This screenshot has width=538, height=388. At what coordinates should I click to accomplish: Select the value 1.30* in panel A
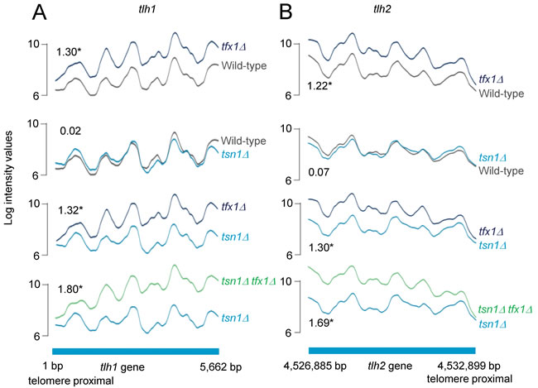(x=69, y=52)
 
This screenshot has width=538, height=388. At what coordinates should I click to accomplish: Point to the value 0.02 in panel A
(x=70, y=131)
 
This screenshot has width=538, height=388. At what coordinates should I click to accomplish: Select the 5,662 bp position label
(x=218, y=366)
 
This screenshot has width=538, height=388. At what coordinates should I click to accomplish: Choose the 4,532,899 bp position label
(x=468, y=365)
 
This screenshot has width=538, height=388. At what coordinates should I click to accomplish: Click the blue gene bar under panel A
(x=135, y=350)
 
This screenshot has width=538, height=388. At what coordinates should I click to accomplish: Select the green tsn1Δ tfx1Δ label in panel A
(x=245, y=281)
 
